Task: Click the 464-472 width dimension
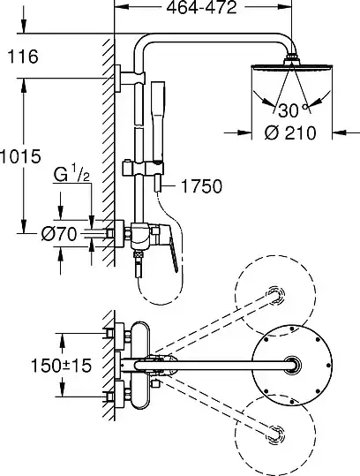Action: pyautogui.click(x=201, y=7)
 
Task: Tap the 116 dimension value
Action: pyautogui.click(x=23, y=57)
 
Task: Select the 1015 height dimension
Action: pyautogui.click(x=20, y=156)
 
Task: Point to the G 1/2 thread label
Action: pyautogui.click(x=71, y=175)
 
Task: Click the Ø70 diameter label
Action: pyautogui.click(x=59, y=234)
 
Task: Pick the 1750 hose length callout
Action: pyautogui.click(x=201, y=186)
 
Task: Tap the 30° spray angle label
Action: pyautogui.click(x=293, y=110)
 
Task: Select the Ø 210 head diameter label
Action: pyautogui.click(x=290, y=133)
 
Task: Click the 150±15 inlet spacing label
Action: pyautogui.click(x=61, y=366)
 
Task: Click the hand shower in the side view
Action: pyautogui.click(x=158, y=121)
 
